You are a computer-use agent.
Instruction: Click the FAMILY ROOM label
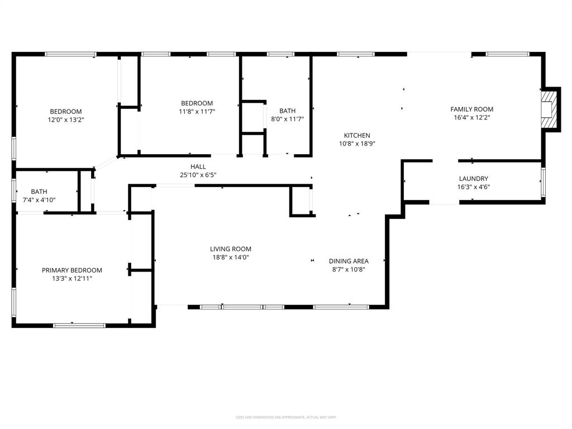tap(472, 109)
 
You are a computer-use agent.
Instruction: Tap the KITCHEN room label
tap(356, 136)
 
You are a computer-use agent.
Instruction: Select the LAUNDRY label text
tap(474, 179)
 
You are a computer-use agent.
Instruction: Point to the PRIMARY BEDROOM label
tap(72, 270)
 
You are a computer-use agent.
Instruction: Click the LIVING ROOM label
tap(230, 249)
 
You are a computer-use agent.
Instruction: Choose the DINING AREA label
tap(348, 261)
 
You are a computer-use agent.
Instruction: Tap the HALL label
tap(198, 167)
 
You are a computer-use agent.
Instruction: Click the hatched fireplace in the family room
tap(550, 110)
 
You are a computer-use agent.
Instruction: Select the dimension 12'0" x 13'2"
tap(66, 120)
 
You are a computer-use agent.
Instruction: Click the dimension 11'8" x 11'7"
tap(197, 111)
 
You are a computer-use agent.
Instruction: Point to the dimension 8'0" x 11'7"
tap(288, 119)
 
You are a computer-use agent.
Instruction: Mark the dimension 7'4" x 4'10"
tap(39, 200)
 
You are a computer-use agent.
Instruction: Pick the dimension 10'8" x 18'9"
tap(356, 144)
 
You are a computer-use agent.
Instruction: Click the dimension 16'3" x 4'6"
tap(474, 187)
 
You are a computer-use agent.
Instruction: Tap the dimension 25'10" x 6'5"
tap(198, 175)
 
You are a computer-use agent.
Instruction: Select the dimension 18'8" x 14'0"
tap(230, 258)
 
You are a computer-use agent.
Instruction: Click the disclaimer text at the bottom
tap(286, 417)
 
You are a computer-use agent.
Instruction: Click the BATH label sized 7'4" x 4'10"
tap(39, 192)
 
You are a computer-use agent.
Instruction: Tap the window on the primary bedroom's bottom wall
tap(79, 325)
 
